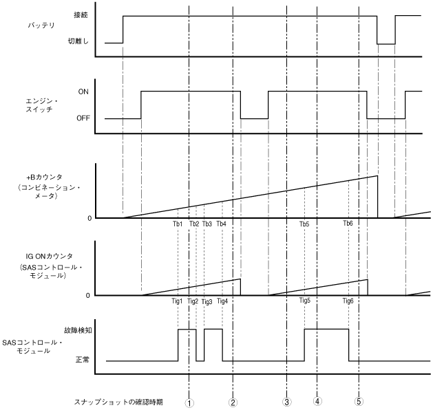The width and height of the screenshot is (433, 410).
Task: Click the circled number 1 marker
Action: (x=189, y=401)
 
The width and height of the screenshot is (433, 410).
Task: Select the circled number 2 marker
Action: (x=233, y=401)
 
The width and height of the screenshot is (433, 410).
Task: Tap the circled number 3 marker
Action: (x=286, y=401)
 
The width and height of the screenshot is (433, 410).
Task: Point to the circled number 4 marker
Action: (x=317, y=401)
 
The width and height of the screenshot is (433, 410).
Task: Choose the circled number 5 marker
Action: (x=359, y=401)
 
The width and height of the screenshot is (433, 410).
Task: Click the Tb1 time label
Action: (x=178, y=224)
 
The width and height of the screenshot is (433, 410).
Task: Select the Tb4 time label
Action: (x=221, y=224)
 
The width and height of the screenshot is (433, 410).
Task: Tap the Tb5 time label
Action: (x=304, y=224)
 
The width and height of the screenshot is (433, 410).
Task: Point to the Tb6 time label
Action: (x=348, y=224)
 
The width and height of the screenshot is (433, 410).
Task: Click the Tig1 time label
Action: (x=177, y=301)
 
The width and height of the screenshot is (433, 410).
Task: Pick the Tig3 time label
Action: (x=207, y=301)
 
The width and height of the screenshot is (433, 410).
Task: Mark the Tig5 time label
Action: (x=305, y=301)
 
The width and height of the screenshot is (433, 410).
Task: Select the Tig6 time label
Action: (x=349, y=301)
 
